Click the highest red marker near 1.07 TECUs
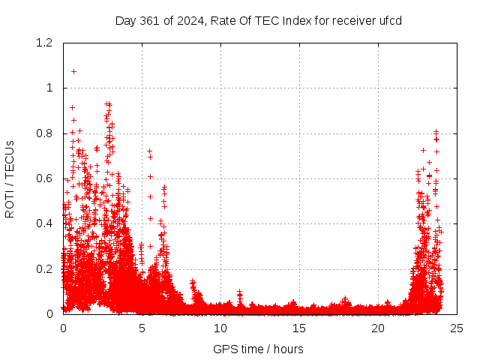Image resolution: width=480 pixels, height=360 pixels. pyautogui.click(x=73, y=71)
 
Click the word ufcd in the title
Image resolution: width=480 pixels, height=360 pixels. pyautogui.click(x=391, y=20)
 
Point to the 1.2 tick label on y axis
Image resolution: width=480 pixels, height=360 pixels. pyautogui.click(x=44, y=43)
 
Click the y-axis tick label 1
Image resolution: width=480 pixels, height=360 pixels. pyautogui.click(x=50, y=88)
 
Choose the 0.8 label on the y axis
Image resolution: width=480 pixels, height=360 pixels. pyautogui.click(x=44, y=133)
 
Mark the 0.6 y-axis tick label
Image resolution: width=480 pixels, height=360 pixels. pyautogui.click(x=44, y=178)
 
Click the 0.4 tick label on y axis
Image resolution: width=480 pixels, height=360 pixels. pyautogui.click(x=44, y=223)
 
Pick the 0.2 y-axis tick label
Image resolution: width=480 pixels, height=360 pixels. pyautogui.click(x=44, y=269)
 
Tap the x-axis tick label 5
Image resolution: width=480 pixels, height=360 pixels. pyautogui.click(x=142, y=328)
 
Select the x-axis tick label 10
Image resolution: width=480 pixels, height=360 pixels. pyautogui.click(x=220, y=328)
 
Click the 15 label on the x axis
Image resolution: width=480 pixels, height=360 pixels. pyautogui.click(x=299, y=328)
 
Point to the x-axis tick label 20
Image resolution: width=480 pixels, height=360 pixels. pyautogui.click(x=378, y=328)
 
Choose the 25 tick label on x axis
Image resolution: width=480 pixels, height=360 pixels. pyautogui.click(x=457, y=328)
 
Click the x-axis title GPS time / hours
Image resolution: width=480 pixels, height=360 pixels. pyautogui.click(x=259, y=349)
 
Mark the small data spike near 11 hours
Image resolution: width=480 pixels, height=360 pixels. pyautogui.click(x=239, y=292)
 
